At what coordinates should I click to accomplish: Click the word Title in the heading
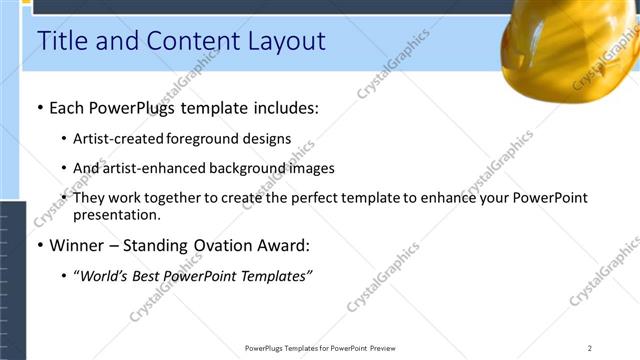coord(61,41)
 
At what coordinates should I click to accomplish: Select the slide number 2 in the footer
coord(590,348)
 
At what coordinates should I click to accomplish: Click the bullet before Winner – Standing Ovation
coord(39,245)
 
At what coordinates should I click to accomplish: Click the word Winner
coord(82,245)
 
